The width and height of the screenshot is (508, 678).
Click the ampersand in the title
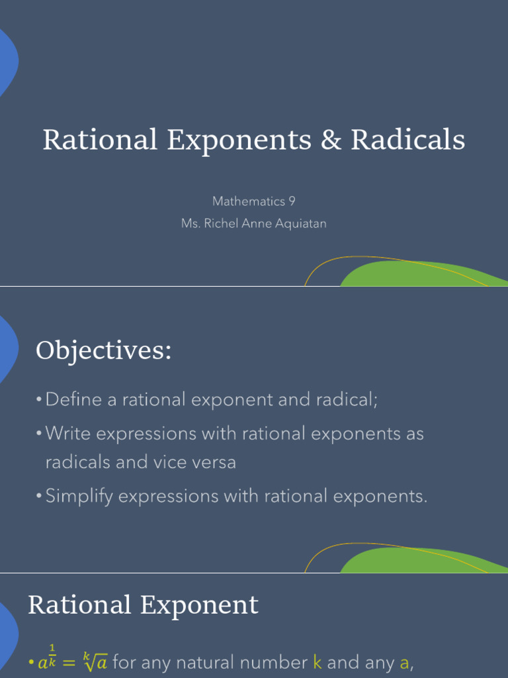pyautogui.click(x=329, y=140)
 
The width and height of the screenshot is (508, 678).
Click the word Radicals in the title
pyautogui.click(x=408, y=140)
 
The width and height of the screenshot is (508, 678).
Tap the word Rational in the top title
pyautogui.click(x=100, y=140)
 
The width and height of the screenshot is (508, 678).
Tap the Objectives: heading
pyautogui.click(x=104, y=350)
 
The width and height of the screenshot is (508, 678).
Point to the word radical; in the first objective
pyautogui.click(x=341, y=400)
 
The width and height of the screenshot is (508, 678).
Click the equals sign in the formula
pyautogui.click(x=70, y=662)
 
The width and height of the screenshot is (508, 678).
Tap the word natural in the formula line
pyautogui.click(x=217, y=662)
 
